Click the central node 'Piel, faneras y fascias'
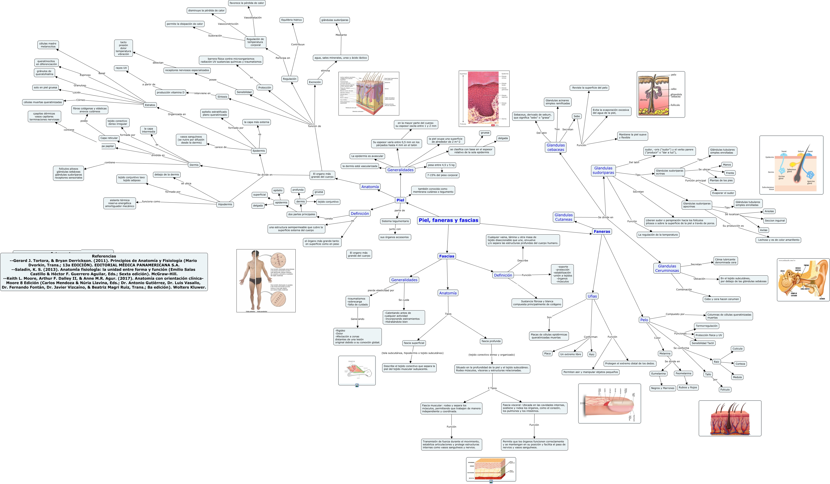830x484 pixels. point(448,220)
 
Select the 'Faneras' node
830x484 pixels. point(602,231)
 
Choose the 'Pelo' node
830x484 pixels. point(644,320)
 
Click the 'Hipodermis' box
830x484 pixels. point(225,204)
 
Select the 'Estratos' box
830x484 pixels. point(150,105)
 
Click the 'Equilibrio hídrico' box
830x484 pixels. point(292,20)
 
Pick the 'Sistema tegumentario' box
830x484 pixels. point(395,221)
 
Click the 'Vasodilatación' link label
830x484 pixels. point(253,17)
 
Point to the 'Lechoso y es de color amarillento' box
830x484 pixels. point(778,240)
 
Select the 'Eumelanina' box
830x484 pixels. point(658,373)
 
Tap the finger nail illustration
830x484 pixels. point(609,403)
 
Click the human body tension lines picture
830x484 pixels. point(266,281)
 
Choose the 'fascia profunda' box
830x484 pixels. point(491,341)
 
